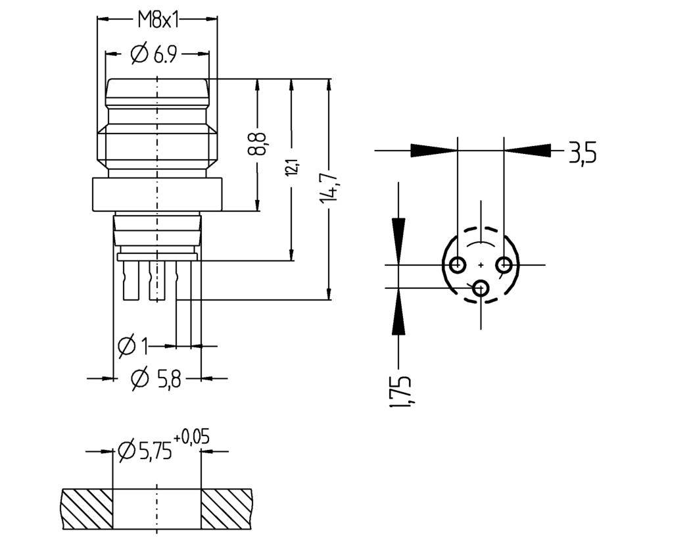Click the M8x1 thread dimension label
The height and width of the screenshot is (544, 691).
click(158, 20)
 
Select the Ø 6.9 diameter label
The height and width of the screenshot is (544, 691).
click(155, 54)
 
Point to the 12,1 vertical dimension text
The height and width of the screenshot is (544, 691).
click(292, 168)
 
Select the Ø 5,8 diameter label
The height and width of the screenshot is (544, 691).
click(156, 378)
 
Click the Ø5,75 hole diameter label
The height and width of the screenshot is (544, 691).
click(145, 451)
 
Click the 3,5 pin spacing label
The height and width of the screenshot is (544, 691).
click(582, 153)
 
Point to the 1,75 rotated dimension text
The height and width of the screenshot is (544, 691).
click(401, 391)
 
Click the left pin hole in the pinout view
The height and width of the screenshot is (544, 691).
click(458, 264)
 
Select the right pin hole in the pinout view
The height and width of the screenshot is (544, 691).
click(504, 264)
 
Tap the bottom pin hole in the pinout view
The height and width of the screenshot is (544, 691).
click(481, 288)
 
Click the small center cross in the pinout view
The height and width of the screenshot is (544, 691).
click(481, 264)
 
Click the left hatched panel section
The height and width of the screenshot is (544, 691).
click(87, 509)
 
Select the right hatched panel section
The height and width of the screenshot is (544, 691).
click(226, 509)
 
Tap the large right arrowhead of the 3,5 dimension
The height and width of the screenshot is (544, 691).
click(528, 150)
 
